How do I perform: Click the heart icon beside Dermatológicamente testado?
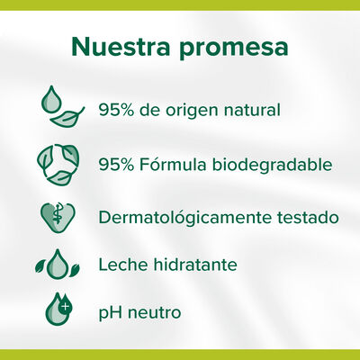(x=59, y=217)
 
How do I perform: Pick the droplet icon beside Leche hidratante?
(x=59, y=265)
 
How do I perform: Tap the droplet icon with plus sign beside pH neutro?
(x=58, y=311)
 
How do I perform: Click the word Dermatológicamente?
(x=188, y=218)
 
